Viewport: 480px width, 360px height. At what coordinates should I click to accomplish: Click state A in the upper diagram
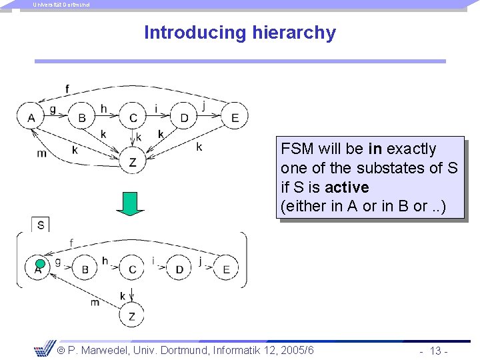click(x=31, y=117)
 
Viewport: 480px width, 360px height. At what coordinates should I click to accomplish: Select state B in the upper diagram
click(x=82, y=117)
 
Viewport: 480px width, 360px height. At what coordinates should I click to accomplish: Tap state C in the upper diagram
click(x=133, y=117)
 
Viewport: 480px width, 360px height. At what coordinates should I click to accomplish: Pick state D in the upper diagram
click(x=184, y=117)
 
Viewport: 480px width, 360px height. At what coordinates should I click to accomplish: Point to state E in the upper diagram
click(x=235, y=117)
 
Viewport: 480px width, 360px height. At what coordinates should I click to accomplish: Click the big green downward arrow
click(x=130, y=203)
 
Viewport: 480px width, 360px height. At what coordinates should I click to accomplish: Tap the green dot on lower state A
click(x=40, y=263)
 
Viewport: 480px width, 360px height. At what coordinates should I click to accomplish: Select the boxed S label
click(x=41, y=225)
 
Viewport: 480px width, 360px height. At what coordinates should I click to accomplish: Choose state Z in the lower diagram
click(x=131, y=316)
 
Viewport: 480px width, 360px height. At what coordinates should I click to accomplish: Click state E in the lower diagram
click(x=227, y=269)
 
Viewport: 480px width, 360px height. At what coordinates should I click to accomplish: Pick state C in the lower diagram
click(x=132, y=269)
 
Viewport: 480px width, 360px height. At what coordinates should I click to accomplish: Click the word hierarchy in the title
click(x=294, y=33)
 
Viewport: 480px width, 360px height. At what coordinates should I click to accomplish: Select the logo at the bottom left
click(x=44, y=348)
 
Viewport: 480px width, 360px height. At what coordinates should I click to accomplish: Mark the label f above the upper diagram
click(x=67, y=89)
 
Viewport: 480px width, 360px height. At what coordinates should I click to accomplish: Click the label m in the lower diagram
click(x=95, y=302)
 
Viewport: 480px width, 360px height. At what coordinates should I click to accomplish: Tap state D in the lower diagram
click(x=179, y=269)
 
